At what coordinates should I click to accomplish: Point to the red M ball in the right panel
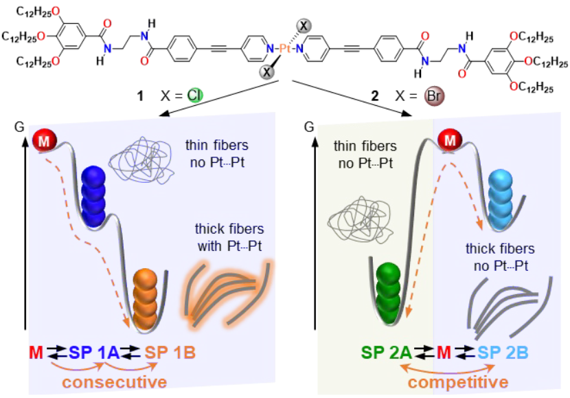[x=449, y=142]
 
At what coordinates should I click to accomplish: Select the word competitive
[x=461, y=380]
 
